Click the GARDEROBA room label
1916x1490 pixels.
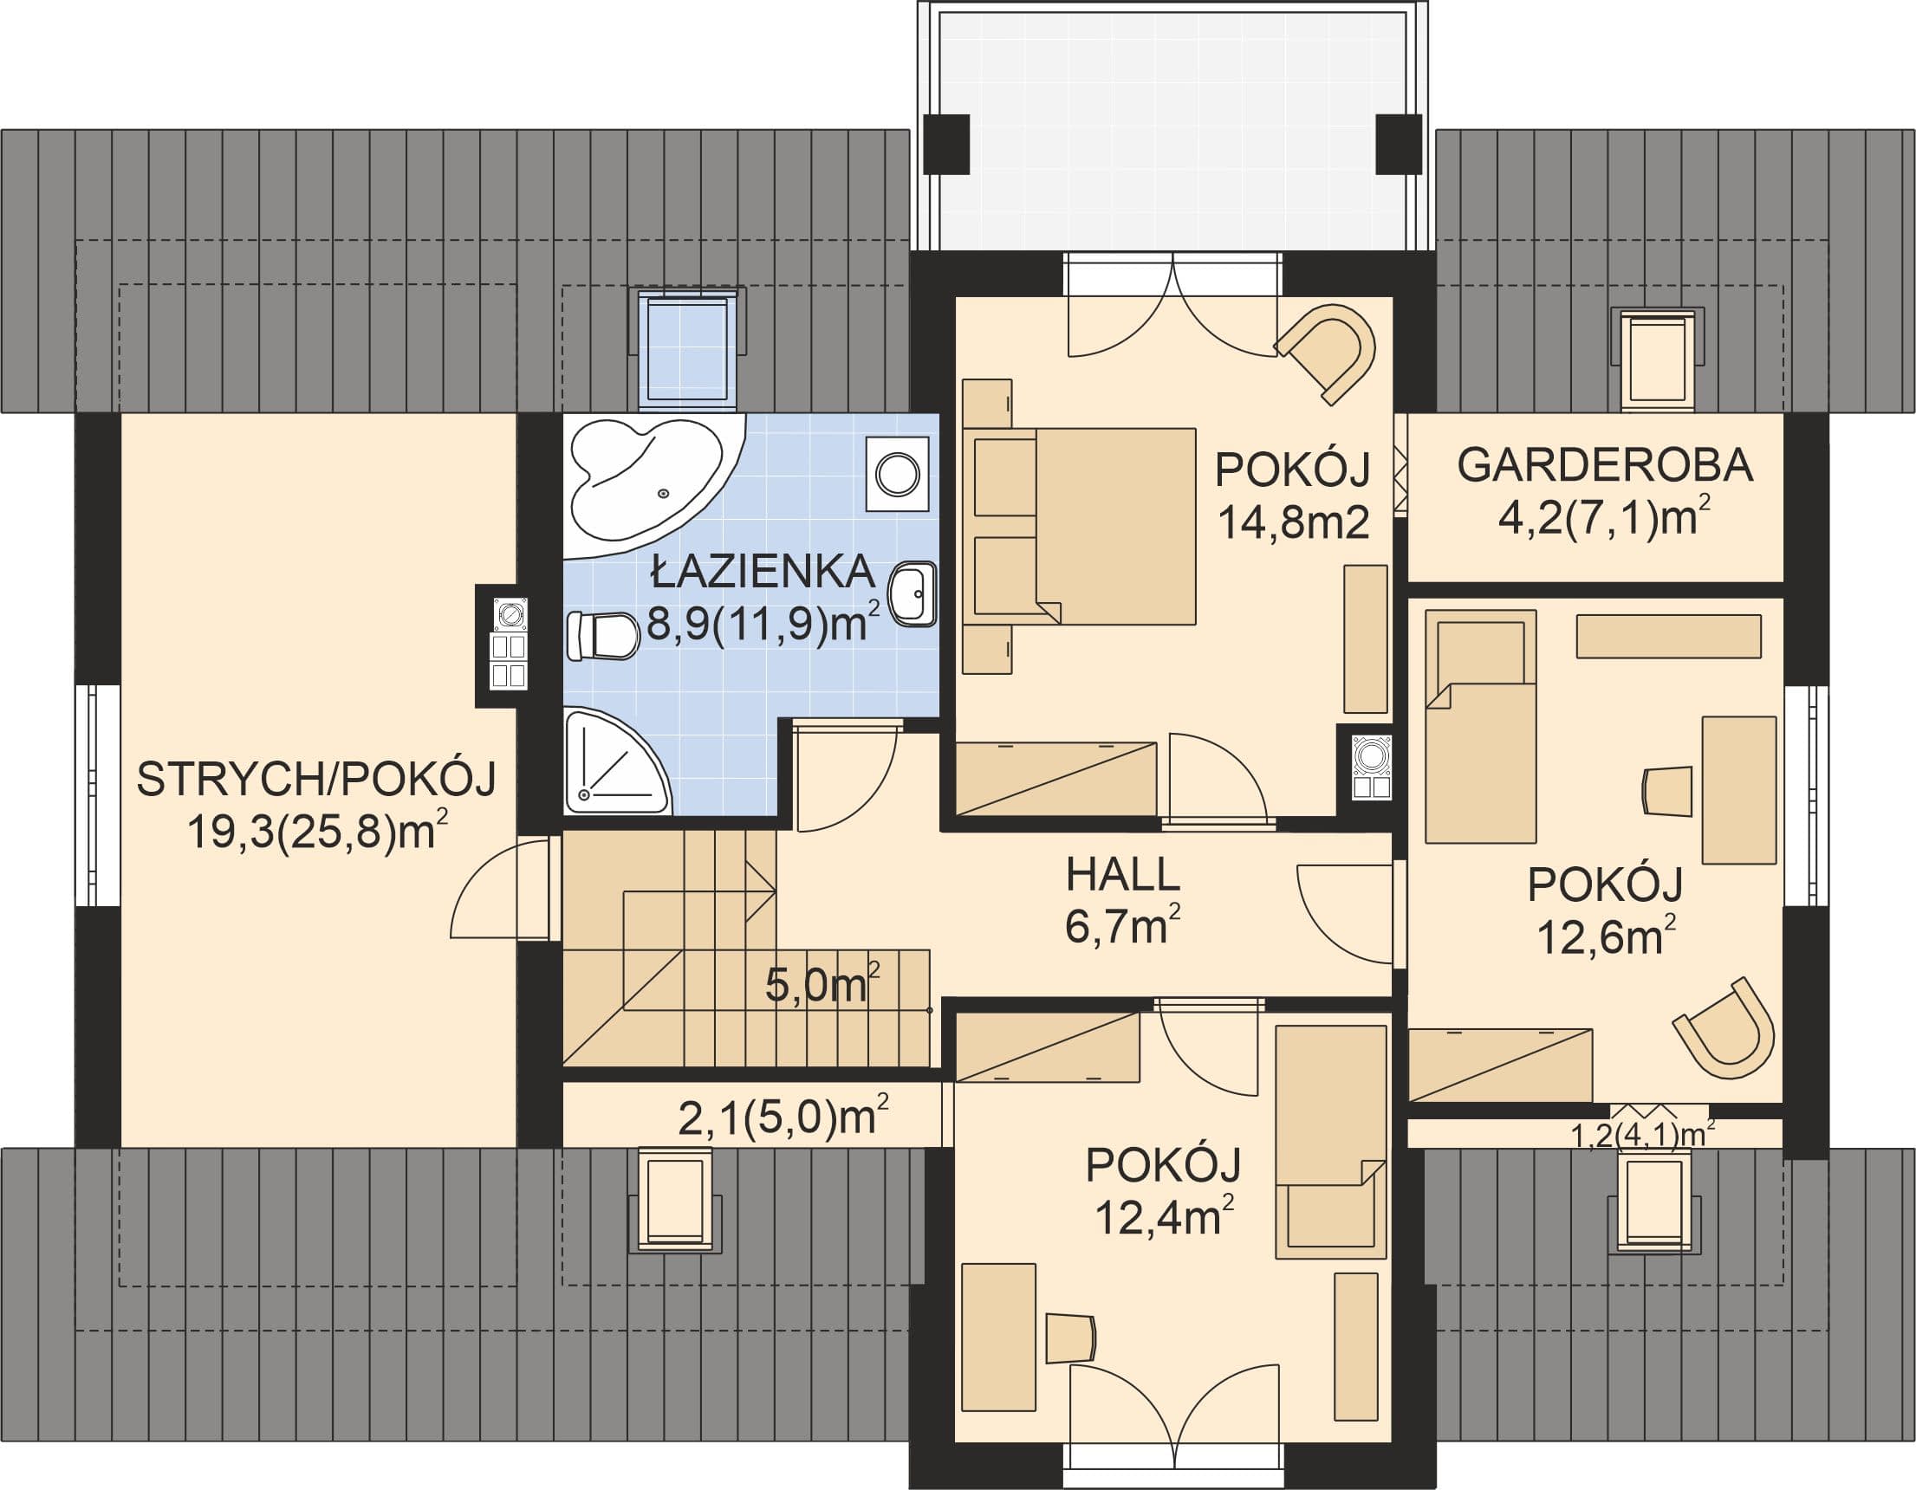tap(1605, 465)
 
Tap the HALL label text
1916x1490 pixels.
tap(1122, 875)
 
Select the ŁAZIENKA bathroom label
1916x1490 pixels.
tap(763, 572)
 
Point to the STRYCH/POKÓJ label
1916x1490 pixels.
tap(316, 778)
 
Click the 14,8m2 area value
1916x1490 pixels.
tap(1294, 522)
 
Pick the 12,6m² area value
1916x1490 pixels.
tap(1601, 936)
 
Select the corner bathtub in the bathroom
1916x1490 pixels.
tap(654, 486)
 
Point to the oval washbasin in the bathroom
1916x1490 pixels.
tap(913, 593)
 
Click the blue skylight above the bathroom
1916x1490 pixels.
tap(687, 350)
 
